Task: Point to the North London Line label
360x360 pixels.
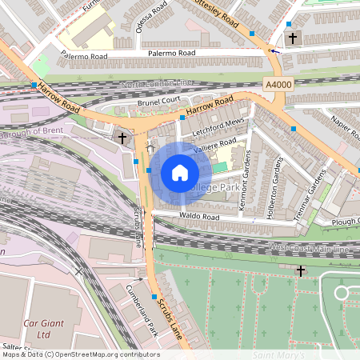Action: tap(158, 84)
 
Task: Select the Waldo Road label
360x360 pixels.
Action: tap(200, 217)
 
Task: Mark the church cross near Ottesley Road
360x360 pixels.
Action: tap(292, 38)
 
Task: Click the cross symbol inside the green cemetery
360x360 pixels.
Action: tap(300, 270)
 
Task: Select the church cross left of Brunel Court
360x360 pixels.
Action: tap(122, 138)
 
